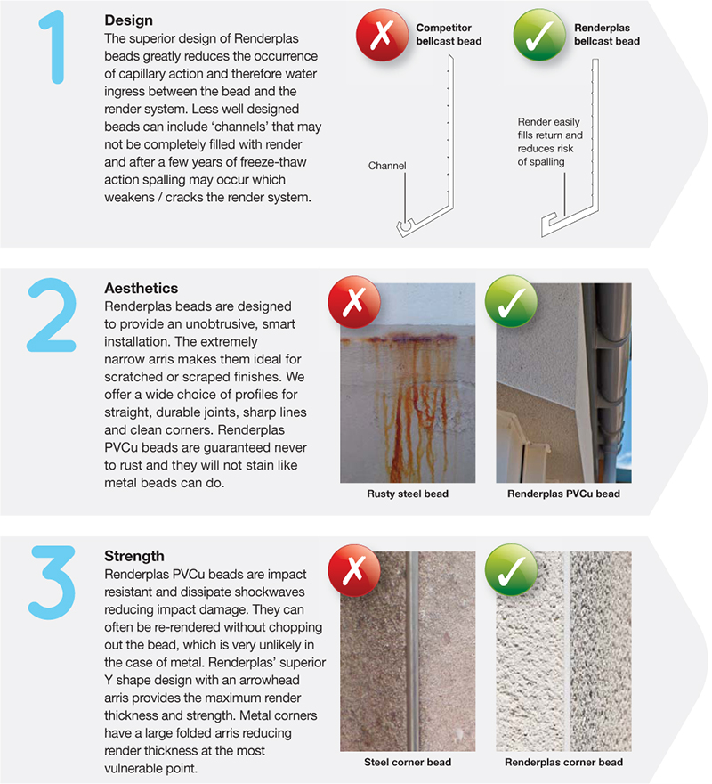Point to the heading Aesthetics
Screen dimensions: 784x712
point(141,289)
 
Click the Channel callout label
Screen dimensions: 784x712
point(386,166)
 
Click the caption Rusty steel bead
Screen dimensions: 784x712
point(407,494)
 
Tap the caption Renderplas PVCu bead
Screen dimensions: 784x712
point(563,494)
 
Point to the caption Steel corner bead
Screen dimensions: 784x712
point(407,762)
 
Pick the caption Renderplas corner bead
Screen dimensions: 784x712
point(563,762)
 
